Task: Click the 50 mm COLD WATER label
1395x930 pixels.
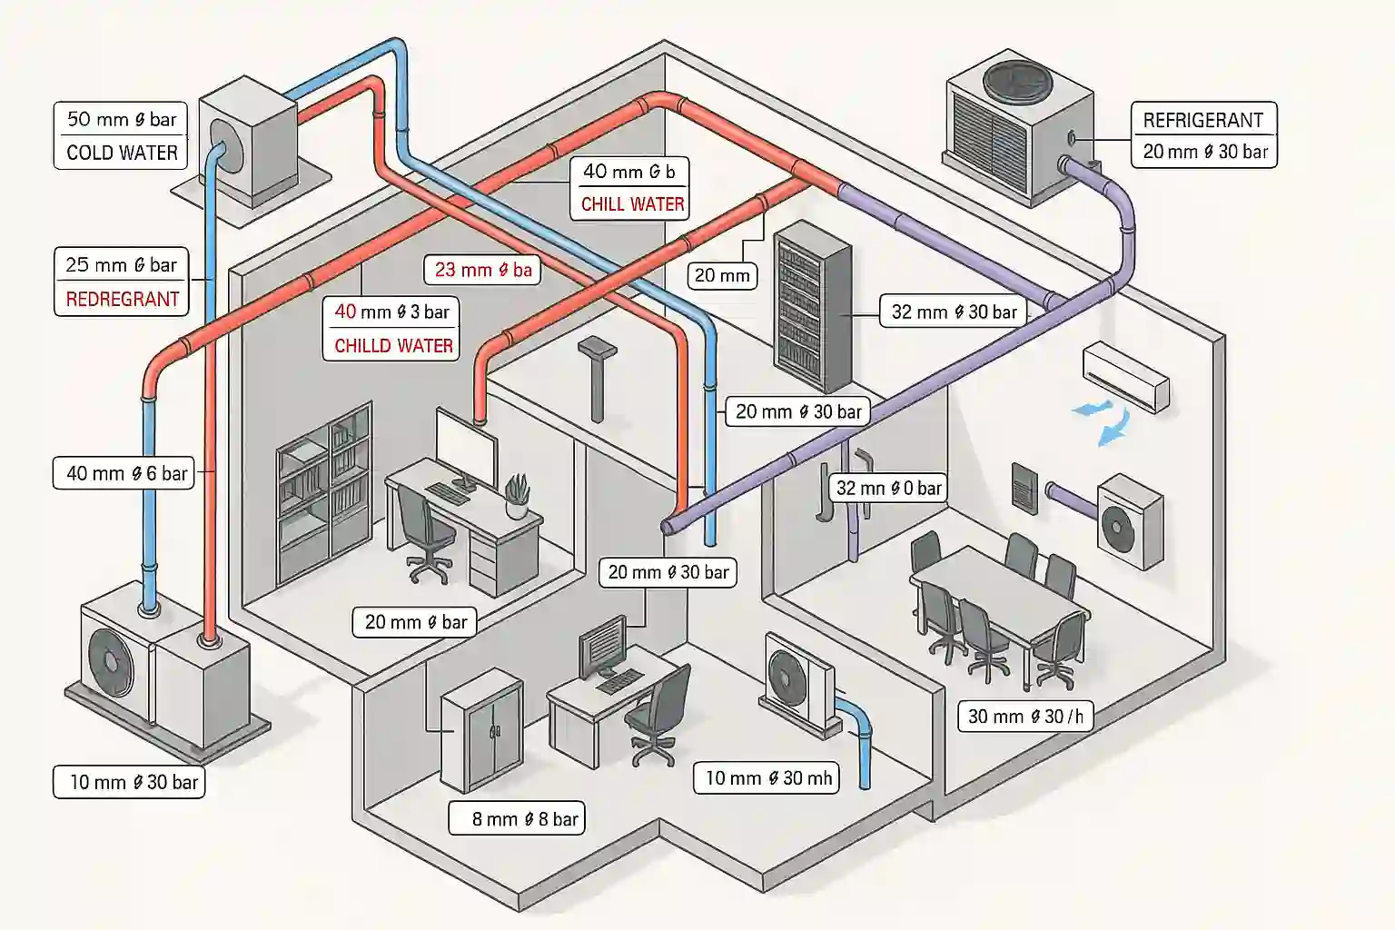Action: tap(121, 135)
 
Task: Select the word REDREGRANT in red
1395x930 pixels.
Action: tap(122, 299)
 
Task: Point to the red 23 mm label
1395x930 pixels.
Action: tap(482, 270)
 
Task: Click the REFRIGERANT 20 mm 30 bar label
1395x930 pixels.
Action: tap(1203, 135)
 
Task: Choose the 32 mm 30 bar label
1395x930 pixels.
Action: tap(953, 312)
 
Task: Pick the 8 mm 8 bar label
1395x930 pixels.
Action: tap(517, 819)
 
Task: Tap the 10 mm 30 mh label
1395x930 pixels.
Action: tap(767, 778)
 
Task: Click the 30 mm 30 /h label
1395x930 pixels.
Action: tap(1024, 717)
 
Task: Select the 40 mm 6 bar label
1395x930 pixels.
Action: tap(124, 473)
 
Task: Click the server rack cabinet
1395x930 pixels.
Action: tap(812, 306)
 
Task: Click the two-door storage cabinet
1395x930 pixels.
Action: tap(480, 730)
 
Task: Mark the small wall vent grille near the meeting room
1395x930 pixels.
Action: tap(1024, 489)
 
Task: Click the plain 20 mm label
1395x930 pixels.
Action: tap(722, 275)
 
